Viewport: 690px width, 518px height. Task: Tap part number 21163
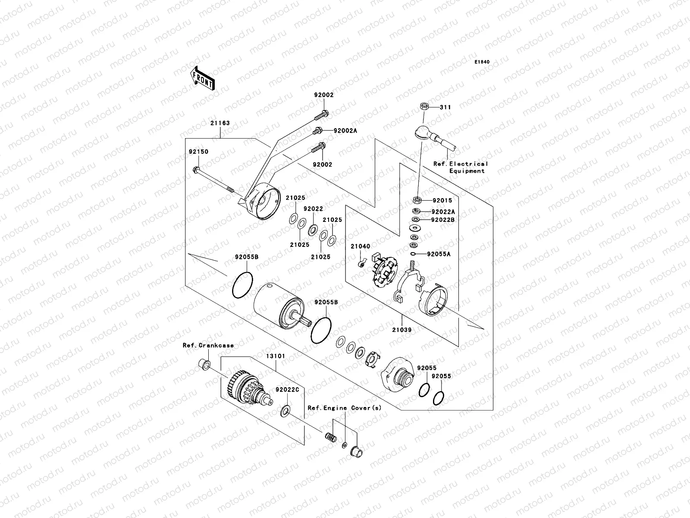(220, 123)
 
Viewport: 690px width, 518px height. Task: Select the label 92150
(198, 152)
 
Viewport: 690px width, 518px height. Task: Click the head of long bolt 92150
(196, 170)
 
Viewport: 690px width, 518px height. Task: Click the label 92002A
(345, 130)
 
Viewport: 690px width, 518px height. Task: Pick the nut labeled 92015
(417, 200)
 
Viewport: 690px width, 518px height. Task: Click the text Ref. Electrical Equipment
(461, 167)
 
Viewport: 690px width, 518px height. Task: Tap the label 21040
(360, 246)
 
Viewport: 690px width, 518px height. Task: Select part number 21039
(401, 329)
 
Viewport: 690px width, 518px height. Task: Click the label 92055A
(439, 254)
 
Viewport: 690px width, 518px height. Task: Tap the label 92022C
(287, 389)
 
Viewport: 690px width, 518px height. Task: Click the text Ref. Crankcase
(208, 345)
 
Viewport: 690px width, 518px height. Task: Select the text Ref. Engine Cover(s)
(344, 407)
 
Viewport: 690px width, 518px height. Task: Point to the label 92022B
(442, 220)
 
